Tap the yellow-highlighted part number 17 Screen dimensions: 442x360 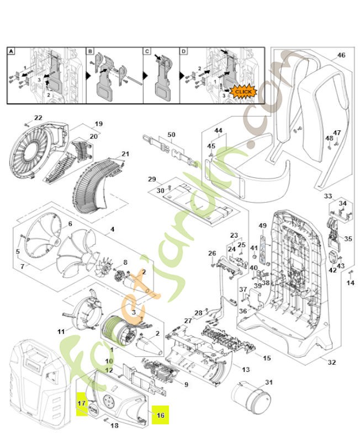click(81, 404)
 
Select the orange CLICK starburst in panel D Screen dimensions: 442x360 click(242, 91)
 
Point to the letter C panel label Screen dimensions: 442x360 click(147, 51)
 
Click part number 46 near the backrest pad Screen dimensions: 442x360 click(341, 55)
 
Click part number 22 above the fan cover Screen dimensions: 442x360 click(38, 118)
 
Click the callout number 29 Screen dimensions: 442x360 click(152, 180)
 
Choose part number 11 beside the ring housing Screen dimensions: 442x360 click(61, 331)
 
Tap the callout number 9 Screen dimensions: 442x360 click(186, 385)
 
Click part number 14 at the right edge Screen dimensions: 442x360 click(350, 283)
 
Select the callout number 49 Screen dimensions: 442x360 click(262, 225)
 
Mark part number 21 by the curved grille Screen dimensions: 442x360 click(125, 154)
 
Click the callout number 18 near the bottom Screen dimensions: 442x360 click(115, 425)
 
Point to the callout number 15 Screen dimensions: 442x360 click(267, 359)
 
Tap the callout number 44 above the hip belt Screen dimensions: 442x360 click(218, 130)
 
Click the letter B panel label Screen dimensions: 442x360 click(90, 51)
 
